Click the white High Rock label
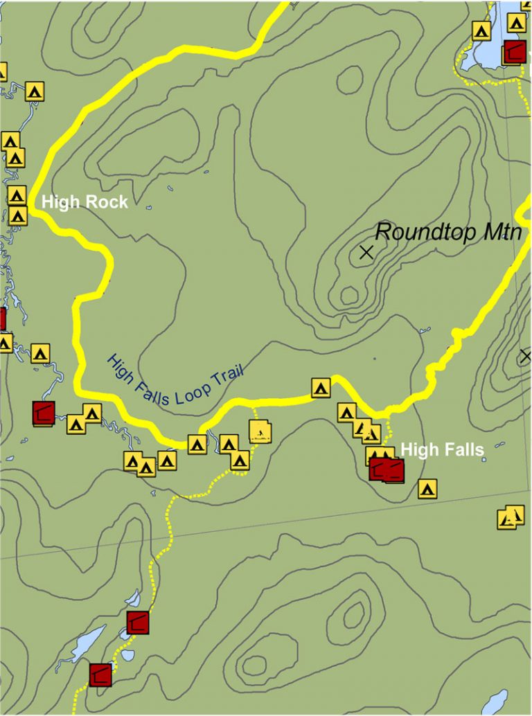[x=85, y=202]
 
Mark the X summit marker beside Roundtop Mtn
[x=366, y=253]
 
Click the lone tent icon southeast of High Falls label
[x=427, y=489]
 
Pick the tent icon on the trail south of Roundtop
[x=320, y=388]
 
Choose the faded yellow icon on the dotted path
[x=259, y=433]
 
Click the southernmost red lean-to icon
[x=100, y=674]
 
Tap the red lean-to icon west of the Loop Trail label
[x=44, y=413]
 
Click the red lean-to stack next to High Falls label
[x=387, y=469]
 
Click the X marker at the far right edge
[x=526, y=357]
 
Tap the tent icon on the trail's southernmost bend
[x=197, y=444]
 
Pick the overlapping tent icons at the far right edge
[x=511, y=517]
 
